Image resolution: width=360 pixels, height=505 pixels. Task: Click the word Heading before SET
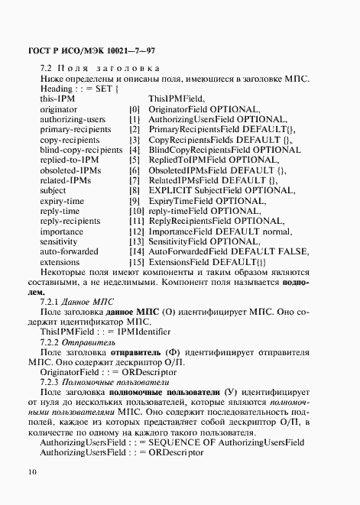click(60, 89)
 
